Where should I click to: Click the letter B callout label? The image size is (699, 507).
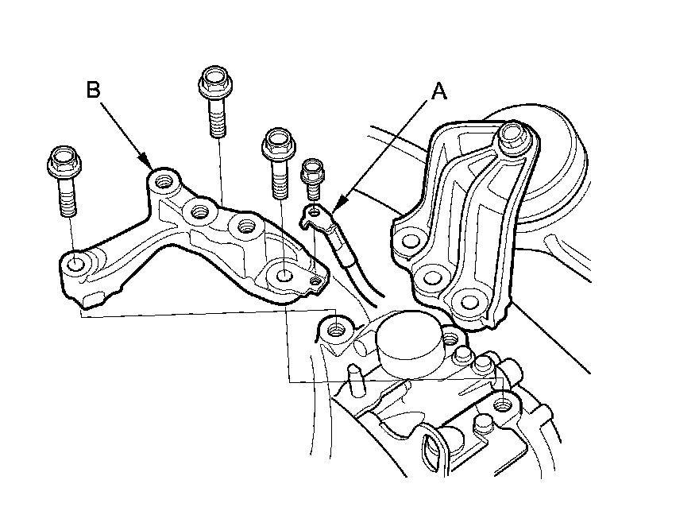tap(93, 90)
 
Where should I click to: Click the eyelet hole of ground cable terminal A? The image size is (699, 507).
tap(315, 211)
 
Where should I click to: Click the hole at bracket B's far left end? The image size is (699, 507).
tap(74, 264)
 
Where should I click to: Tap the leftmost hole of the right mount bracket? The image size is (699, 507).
tap(410, 238)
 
